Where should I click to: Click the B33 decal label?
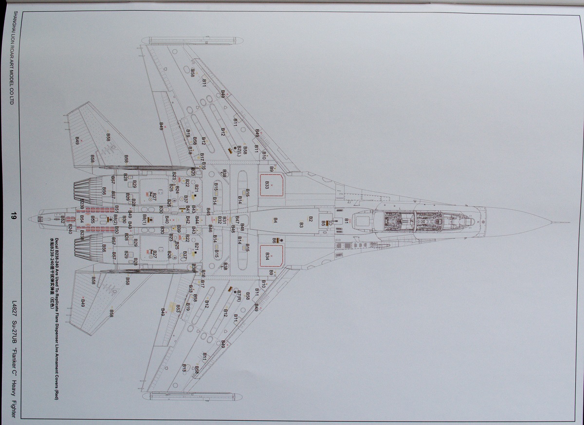267,185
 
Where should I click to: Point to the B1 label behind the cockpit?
347,221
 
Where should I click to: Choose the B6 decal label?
274,240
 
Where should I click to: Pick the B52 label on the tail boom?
63,220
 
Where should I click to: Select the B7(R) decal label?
240,296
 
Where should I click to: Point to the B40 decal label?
166,220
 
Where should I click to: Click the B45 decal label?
208,211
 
